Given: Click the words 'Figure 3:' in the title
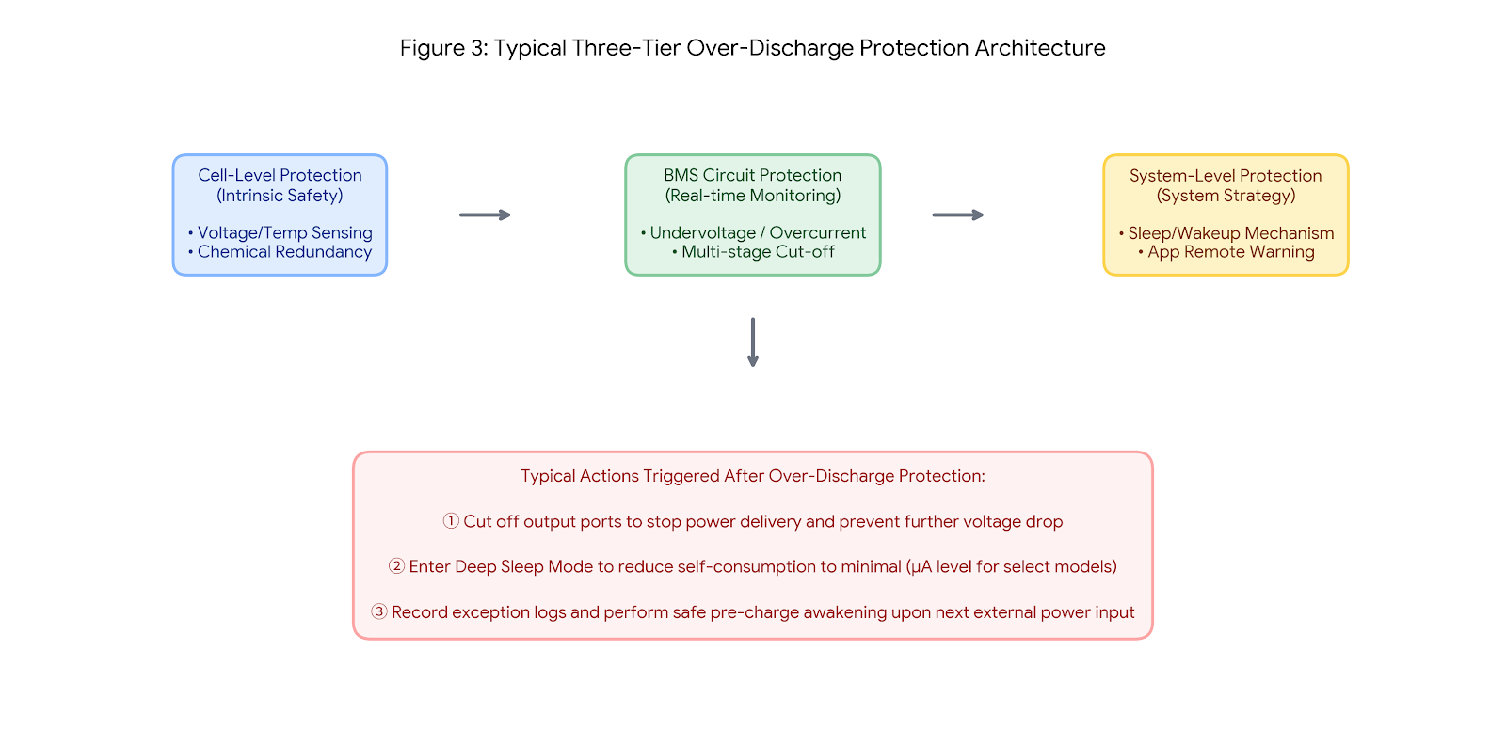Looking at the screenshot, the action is point(443,48).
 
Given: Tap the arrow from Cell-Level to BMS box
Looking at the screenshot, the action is point(485,215).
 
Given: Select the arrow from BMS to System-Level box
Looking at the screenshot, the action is point(958,215).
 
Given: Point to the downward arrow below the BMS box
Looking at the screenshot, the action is point(753,342).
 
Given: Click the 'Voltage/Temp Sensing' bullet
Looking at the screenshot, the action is point(280,232).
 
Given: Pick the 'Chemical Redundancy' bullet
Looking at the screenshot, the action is point(280,251).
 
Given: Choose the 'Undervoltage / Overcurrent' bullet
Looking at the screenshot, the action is point(753,232).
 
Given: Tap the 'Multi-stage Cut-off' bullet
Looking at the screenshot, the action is point(753,251).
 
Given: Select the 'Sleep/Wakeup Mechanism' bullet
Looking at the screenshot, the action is point(1226,233).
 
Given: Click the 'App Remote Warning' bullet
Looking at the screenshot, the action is point(1226,251).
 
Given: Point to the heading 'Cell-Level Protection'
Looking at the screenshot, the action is point(280,175).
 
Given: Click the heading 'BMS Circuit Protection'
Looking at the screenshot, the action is point(753,175).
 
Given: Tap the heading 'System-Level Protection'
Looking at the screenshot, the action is point(1226,175).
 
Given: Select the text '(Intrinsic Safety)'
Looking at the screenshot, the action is point(280,196).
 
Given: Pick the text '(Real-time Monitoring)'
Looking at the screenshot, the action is point(753,196).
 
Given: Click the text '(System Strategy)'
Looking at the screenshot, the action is point(1226,196).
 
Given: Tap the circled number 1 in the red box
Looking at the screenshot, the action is point(451,521).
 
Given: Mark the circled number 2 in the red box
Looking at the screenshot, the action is point(396,566).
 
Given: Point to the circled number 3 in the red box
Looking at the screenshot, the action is point(379,611).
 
